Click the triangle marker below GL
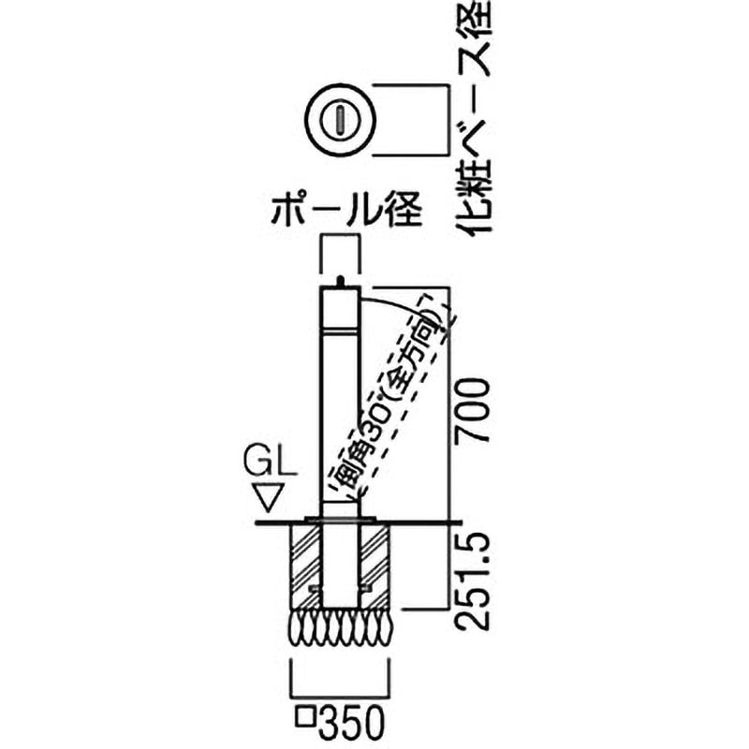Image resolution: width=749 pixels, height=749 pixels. click(269, 498)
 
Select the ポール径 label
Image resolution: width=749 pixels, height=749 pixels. click(346, 210)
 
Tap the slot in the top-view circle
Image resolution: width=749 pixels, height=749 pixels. click(340, 120)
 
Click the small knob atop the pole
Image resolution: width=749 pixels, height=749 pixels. click(340, 281)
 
